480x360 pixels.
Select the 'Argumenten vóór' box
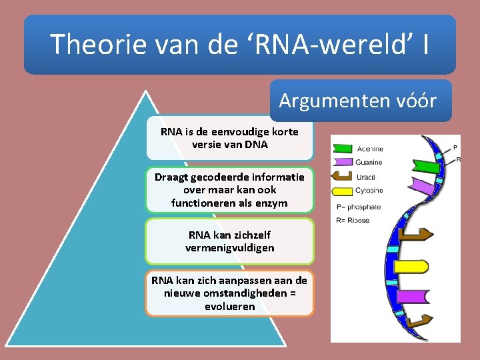pos(357,101)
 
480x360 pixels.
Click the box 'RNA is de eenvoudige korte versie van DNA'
pos(229,138)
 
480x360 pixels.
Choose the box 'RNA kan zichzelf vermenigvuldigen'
pos(229,241)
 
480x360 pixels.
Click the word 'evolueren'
pos(230,307)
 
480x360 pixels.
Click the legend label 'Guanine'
pos(369,162)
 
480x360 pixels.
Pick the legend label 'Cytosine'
pos(369,190)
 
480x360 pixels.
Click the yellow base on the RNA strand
pos(412,267)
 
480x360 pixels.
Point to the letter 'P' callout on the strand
pos(455,147)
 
